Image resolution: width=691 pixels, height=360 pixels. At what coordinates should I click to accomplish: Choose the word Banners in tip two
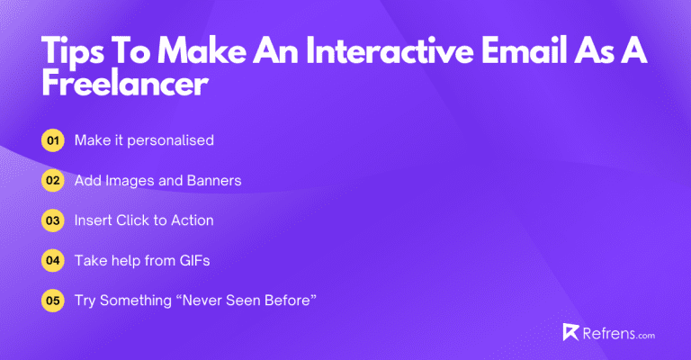[213, 181]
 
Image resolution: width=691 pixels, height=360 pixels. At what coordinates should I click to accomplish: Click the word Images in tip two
[129, 181]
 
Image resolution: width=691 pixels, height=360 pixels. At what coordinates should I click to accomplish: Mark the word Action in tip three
[192, 220]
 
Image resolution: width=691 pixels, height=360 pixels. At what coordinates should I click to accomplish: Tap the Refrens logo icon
[570, 332]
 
